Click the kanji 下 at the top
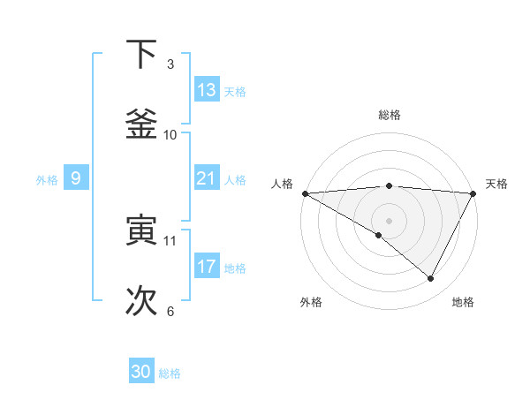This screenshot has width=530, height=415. pyautogui.click(x=141, y=55)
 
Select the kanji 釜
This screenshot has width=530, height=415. pyautogui.click(x=141, y=124)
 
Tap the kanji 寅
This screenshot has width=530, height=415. pyautogui.click(x=141, y=230)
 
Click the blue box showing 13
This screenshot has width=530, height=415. pyautogui.click(x=207, y=90)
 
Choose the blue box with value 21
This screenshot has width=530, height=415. pyautogui.click(x=207, y=178)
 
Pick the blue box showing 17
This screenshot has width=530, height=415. pyautogui.click(x=207, y=266)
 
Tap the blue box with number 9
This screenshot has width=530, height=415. pyautogui.click(x=76, y=178)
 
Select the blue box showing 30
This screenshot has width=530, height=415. pyautogui.click(x=141, y=372)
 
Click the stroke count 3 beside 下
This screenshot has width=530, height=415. pyautogui.click(x=170, y=64)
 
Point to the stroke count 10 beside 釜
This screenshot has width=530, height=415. pyautogui.click(x=170, y=134)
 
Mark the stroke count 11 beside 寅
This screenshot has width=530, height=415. pyautogui.click(x=170, y=240)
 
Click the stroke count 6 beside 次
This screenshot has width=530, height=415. pyautogui.click(x=170, y=311)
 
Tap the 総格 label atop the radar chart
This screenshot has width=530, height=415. pyautogui.click(x=390, y=115)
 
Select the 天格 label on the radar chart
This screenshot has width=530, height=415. pyautogui.click(x=497, y=184)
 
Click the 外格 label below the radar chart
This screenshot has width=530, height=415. pyautogui.click(x=311, y=302)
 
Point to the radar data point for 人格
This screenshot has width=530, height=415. pyautogui.click(x=305, y=193)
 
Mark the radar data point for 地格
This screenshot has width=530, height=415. pyautogui.click(x=431, y=279)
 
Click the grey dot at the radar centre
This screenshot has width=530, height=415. pyautogui.click(x=390, y=220)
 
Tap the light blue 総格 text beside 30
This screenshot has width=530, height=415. pyautogui.click(x=170, y=373)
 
